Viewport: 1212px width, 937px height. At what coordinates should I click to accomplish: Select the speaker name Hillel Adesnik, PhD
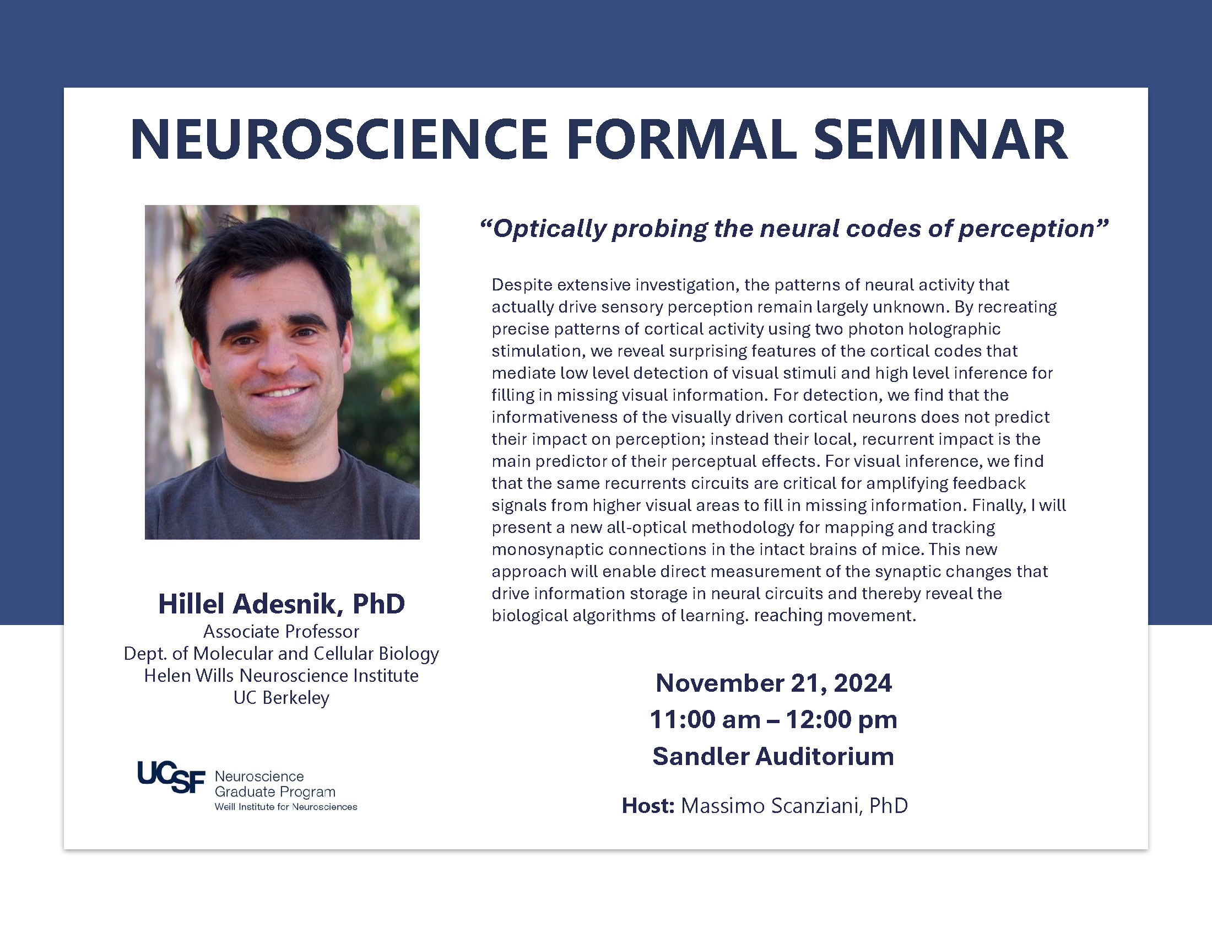point(282,604)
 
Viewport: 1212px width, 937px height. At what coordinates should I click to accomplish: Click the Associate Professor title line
point(282,632)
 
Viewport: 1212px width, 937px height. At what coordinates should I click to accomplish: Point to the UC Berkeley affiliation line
point(282,698)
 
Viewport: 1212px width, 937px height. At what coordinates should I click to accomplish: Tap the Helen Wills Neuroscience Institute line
point(282,676)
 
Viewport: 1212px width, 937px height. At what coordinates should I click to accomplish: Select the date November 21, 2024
point(773,683)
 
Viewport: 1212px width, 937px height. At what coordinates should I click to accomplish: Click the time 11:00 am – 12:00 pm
point(773,719)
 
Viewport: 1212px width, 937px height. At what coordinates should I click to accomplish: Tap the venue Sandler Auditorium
point(773,756)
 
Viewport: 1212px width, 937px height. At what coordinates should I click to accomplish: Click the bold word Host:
point(648,805)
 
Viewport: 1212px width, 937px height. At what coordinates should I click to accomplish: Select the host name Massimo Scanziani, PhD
point(794,806)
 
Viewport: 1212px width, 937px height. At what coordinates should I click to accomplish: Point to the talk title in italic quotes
point(794,229)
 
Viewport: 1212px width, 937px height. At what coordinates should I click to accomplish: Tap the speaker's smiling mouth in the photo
point(283,392)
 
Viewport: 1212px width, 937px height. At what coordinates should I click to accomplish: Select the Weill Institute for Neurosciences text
point(286,806)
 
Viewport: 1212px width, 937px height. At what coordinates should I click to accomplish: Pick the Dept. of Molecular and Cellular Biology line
point(282,654)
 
